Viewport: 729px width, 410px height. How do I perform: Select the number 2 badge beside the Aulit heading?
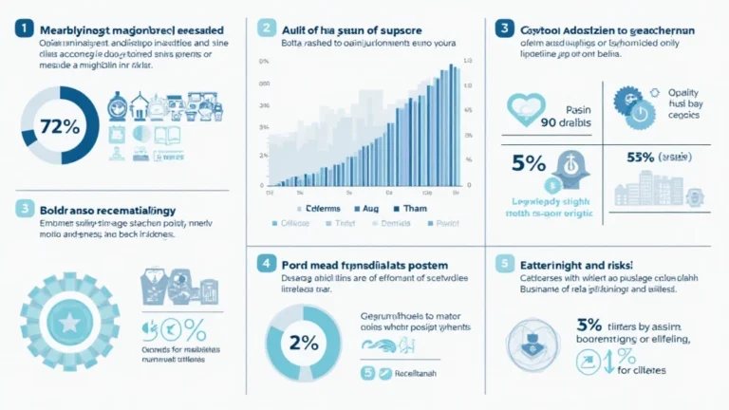click(267, 28)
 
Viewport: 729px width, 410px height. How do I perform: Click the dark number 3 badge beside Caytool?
click(508, 28)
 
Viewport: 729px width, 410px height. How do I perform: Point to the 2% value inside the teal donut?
click(304, 344)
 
